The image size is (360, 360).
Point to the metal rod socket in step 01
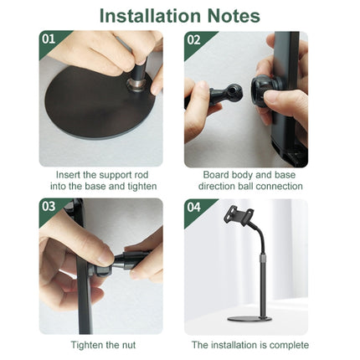(133, 85)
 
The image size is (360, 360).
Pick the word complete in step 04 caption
(286, 344)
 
